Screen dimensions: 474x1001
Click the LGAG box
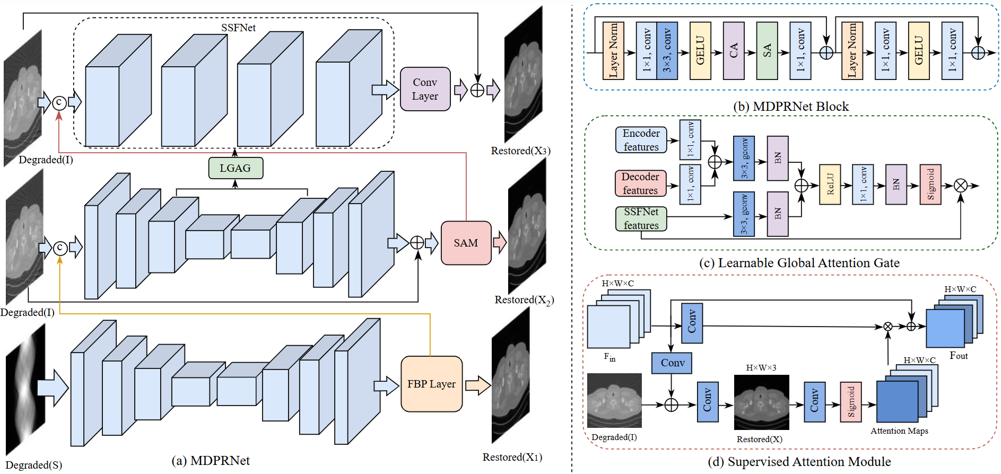(x=236, y=168)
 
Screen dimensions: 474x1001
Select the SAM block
(x=466, y=243)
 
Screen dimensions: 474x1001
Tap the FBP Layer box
(x=431, y=384)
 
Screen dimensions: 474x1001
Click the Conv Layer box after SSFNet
(x=425, y=89)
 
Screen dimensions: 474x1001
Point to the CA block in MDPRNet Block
(x=734, y=51)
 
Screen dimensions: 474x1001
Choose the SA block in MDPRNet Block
(x=767, y=51)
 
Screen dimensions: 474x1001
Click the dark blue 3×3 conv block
(x=667, y=51)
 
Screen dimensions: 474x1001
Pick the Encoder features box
(x=641, y=140)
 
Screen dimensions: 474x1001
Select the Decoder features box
(x=640, y=183)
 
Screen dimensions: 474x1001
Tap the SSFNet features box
(x=641, y=218)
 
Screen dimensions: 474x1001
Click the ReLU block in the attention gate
(x=830, y=184)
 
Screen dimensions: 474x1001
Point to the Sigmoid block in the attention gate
(x=930, y=184)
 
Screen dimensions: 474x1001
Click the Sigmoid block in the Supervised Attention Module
(x=851, y=402)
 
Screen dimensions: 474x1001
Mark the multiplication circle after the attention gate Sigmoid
(x=960, y=185)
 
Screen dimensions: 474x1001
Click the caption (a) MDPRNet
(x=211, y=460)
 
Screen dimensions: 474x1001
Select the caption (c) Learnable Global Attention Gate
(x=799, y=262)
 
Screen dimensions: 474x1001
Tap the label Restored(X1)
(x=512, y=457)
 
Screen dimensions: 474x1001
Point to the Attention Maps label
(x=899, y=431)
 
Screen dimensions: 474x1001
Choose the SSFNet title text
(x=238, y=28)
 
